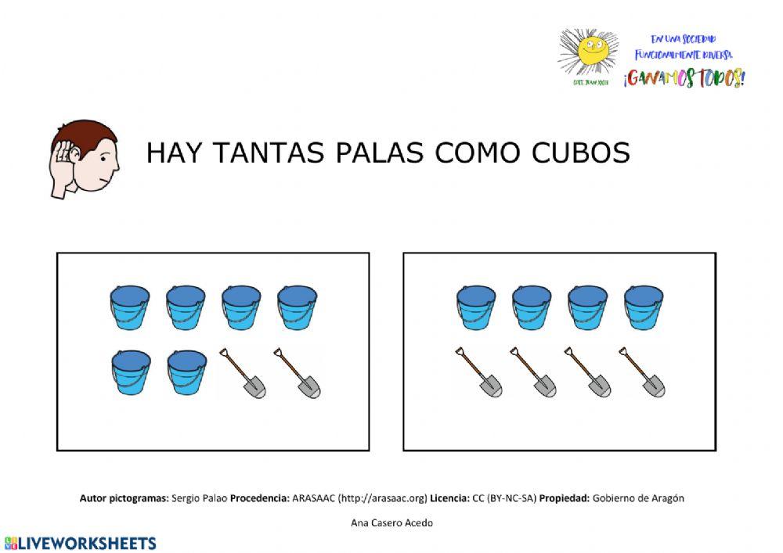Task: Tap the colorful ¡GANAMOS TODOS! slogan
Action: tap(684, 78)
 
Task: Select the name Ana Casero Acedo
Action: tap(391, 522)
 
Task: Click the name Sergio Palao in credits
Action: tap(199, 498)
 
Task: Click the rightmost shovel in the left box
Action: tap(298, 373)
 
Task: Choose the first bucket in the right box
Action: tap(476, 307)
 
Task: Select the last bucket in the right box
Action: tap(644, 307)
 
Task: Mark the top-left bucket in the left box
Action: tap(129, 307)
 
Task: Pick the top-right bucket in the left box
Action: tap(298, 307)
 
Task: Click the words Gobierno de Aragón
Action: tap(638, 498)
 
